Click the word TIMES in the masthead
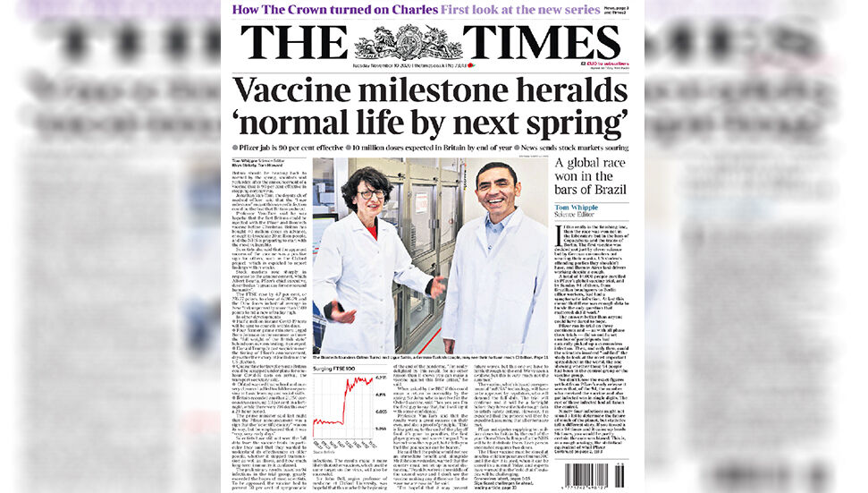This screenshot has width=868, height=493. (541, 42)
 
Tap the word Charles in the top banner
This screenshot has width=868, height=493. (410, 9)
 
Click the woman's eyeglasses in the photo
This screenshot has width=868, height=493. (371, 194)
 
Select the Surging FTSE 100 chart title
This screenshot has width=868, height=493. (341, 367)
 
